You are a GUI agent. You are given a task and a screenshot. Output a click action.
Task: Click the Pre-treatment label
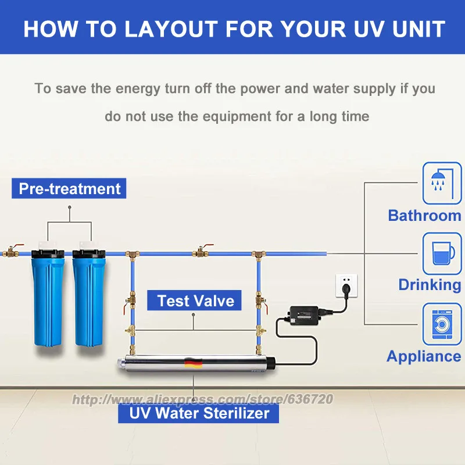coord(69,189)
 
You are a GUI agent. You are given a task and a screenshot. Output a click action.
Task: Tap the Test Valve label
coord(195,301)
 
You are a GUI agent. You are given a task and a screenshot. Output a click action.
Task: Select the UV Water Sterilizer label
coord(199,413)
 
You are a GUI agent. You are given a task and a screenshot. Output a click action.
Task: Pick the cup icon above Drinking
coord(442,253)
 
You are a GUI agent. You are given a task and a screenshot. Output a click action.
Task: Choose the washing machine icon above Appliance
coord(442,323)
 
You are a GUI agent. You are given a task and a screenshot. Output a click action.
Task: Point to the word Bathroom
coord(424,216)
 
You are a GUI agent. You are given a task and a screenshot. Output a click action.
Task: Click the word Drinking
coord(429,285)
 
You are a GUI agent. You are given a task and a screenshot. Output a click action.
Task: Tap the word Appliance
coord(424,356)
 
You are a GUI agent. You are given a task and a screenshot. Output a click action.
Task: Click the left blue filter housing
coord(51,296)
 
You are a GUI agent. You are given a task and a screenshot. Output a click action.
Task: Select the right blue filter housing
coord(88,296)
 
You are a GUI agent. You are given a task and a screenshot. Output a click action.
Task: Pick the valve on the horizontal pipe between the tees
coord(201,252)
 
